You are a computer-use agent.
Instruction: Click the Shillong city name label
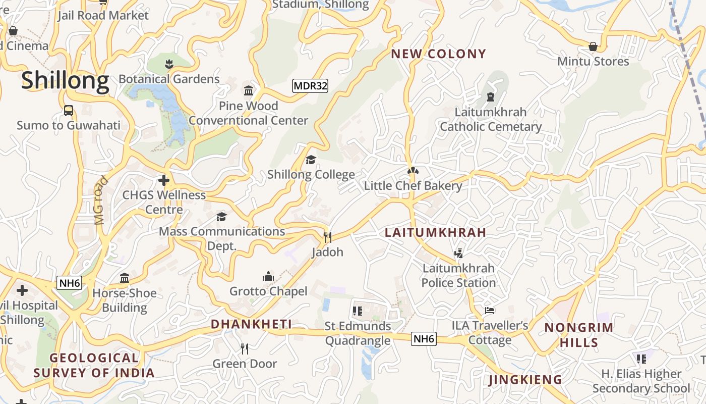tap(65, 81)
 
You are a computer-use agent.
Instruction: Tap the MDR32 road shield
tap(310, 86)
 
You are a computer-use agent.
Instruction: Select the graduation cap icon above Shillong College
tap(311, 160)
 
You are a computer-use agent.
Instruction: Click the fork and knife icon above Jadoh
tap(327, 237)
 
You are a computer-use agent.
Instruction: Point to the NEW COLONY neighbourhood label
tap(439, 54)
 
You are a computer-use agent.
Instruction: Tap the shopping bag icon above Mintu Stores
tap(593, 46)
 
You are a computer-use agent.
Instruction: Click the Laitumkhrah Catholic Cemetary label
tap(491, 119)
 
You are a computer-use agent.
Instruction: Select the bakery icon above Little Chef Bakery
tap(413, 171)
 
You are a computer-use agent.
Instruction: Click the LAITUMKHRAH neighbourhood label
tap(435, 232)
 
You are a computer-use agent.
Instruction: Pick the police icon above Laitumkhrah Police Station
tap(458, 253)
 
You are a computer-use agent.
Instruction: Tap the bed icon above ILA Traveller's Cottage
tap(490, 311)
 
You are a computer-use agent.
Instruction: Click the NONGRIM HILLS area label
tap(579, 334)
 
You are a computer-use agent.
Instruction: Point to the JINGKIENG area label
tap(525, 380)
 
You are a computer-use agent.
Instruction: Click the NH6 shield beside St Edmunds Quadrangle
tap(423, 339)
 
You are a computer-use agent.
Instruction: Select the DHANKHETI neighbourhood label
tap(251, 324)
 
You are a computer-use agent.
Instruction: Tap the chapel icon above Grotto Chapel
tap(268, 276)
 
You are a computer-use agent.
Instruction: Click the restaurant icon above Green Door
tap(245, 348)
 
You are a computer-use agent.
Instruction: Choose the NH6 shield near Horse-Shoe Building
tap(69, 283)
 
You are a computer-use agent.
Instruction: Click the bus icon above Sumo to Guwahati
tap(69, 111)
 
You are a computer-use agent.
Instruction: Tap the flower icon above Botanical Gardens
tap(169, 64)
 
